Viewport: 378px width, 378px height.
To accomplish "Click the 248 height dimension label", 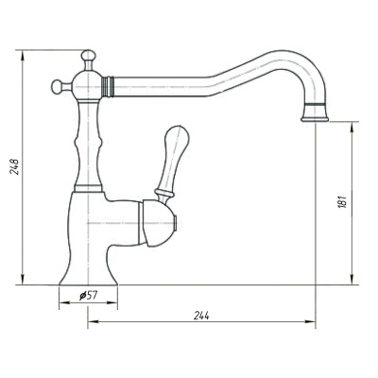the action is (x=15, y=166).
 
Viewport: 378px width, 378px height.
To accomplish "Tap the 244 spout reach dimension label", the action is (x=201, y=316).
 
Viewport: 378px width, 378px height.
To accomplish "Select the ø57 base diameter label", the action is (x=89, y=296).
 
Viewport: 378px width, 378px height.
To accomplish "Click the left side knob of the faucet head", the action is (x=58, y=87).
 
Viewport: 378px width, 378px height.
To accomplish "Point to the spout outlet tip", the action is (x=315, y=119).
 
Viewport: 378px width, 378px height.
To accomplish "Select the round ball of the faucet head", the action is (x=87, y=85).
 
